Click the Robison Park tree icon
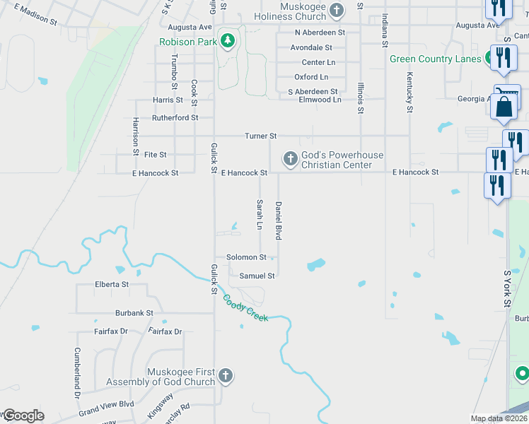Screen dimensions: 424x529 tap(227, 41)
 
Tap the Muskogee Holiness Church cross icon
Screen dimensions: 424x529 tap(337, 10)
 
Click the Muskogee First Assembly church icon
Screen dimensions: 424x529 tap(225, 375)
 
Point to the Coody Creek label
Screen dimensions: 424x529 tap(245, 308)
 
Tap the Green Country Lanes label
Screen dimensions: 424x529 tap(435, 59)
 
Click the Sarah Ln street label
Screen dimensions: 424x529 tap(260, 214)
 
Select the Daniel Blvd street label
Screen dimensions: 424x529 tap(279, 221)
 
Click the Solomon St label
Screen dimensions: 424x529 tap(245, 257)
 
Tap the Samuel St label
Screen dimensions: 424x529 tap(257, 276)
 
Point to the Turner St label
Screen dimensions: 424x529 tap(260, 136)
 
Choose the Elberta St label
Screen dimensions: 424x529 tap(112, 284)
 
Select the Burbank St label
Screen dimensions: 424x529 tap(134, 312)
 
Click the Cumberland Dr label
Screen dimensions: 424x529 tap(77, 372)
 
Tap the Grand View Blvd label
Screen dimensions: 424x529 tap(106, 408)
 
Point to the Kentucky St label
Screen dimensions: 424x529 tap(409, 93)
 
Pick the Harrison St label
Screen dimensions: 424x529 tap(135, 136)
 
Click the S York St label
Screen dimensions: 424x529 tap(507, 288)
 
